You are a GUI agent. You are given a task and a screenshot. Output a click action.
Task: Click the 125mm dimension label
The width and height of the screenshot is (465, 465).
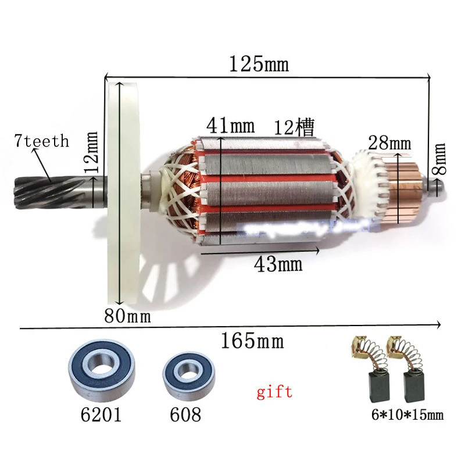(x=258, y=63)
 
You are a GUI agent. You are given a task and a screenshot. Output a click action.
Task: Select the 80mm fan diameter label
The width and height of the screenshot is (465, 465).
(x=127, y=317)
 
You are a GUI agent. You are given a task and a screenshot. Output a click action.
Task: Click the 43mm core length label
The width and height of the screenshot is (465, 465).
(x=278, y=264)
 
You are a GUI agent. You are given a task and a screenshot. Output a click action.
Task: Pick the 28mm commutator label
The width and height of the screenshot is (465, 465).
(x=388, y=142)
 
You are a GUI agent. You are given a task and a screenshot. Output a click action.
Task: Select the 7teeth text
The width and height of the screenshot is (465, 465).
(x=42, y=141)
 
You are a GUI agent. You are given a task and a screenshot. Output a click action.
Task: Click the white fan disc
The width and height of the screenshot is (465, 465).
(x=125, y=192)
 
